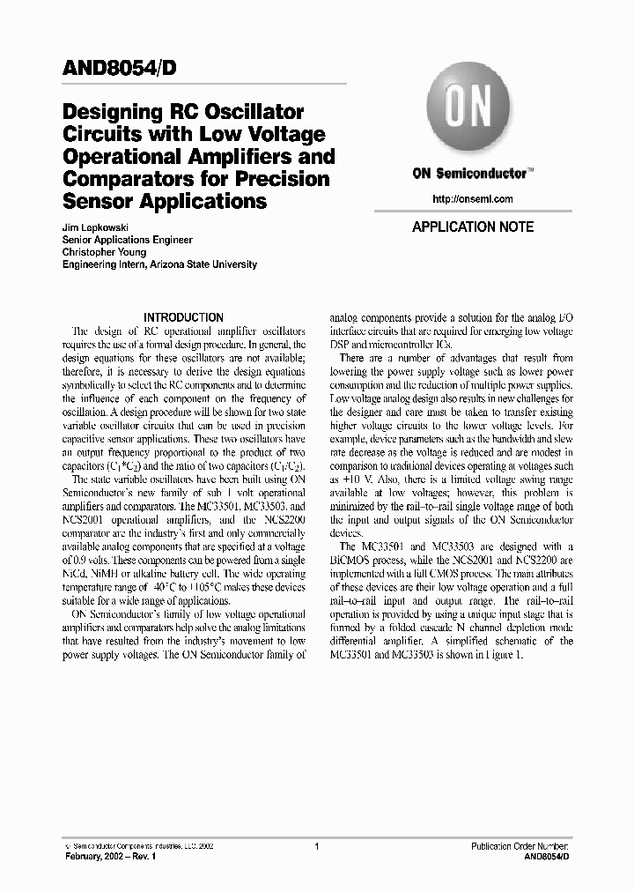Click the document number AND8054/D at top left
(x=123, y=68)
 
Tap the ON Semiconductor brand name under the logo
(x=473, y=174)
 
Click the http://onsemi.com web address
(x=473, y=199)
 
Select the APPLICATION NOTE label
(x=473, y=227)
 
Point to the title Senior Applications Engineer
(x=128, y=240)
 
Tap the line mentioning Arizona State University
(x=159, y=264)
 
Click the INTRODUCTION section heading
(x=183, y=317)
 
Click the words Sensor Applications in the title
(x=165, y=201)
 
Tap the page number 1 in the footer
(x=316, y=845)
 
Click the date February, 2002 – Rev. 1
(x=109, y=856)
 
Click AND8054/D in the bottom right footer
(x=546, y=856)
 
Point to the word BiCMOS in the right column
(x=350, y=559)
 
